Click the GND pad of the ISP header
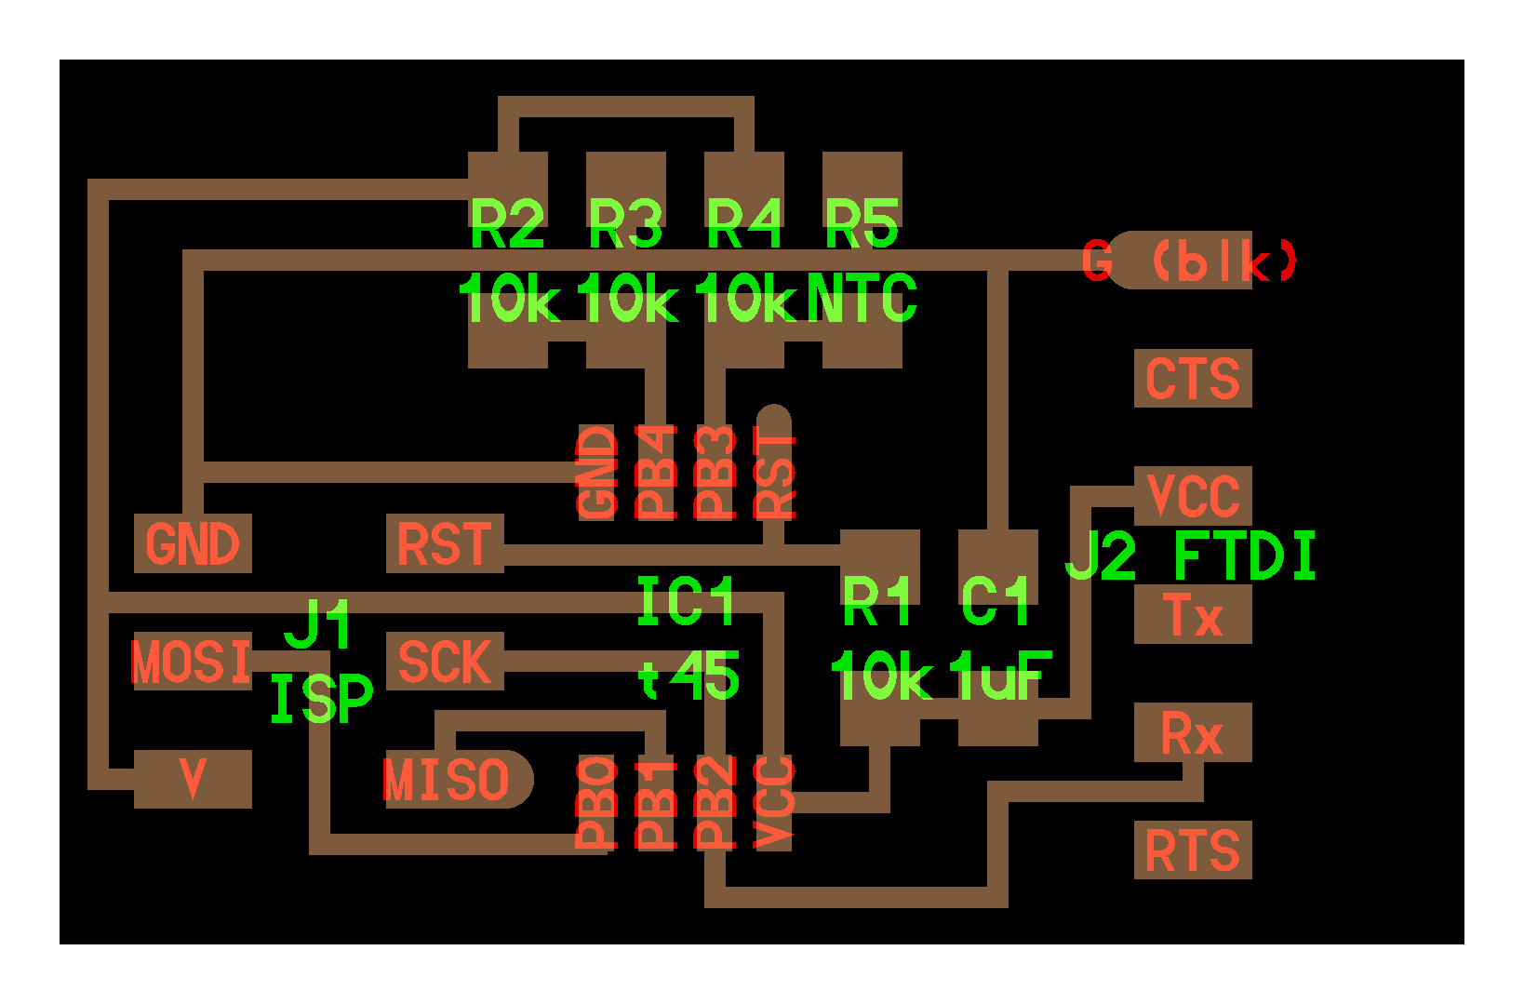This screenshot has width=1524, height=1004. [193, 543]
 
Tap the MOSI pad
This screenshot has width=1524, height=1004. [193, 662]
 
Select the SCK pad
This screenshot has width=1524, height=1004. [445, 662]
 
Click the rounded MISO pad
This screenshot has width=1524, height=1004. [451, 780]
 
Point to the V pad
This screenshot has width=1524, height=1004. [193, 779]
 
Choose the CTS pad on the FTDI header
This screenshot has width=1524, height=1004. [1193, 379]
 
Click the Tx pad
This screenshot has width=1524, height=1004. [1193, 615]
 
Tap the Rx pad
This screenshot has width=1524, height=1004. [1193, 733]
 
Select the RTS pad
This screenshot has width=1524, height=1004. [1193, 850]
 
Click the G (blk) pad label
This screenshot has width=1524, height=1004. [1191, 261]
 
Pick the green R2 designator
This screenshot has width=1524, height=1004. [507, 224]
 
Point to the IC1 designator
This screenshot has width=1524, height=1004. [687, 601]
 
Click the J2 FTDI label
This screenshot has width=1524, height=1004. [1191, 556]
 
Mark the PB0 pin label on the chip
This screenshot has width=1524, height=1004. [597, 802]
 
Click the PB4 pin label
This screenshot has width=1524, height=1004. [656, 472]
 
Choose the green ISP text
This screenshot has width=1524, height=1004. [321, 700]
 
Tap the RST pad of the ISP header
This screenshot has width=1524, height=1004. [445, 543]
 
